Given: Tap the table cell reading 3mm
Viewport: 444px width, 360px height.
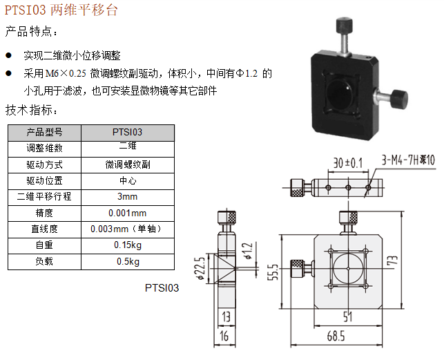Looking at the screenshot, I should tap(127, 196).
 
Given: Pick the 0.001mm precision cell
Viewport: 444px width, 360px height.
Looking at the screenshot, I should tap(127, 213).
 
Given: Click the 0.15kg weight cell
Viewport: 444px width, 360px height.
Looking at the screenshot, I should tap(127, 245).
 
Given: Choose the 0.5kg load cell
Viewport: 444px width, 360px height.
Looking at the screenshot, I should tap(127, 261).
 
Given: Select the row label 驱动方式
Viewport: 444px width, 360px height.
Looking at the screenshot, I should tap(44, 164).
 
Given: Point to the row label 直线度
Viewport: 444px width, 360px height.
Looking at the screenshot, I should tap(44, 229).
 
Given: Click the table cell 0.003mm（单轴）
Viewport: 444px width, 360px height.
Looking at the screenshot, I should tap(127, 229).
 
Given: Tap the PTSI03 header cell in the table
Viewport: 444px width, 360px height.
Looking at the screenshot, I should tap(127, 132).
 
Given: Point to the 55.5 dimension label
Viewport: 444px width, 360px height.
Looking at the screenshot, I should tap(274, 274).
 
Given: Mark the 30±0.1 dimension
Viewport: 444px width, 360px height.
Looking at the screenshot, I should tap(347, 163).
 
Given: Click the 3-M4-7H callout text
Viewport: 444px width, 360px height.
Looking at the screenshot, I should tap(407, 160).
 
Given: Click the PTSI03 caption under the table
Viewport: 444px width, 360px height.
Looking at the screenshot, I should tap(162, 287).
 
